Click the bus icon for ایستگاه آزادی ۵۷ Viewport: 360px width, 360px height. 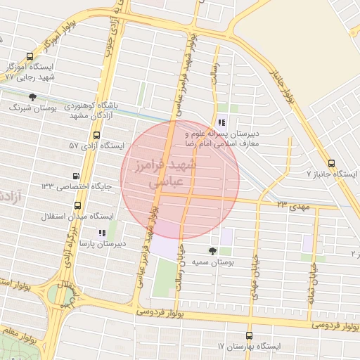point(96,135)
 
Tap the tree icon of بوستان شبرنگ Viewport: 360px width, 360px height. point(32,97)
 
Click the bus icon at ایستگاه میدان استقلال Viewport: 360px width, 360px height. point(77,206)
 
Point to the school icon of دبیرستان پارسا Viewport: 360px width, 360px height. point(102,233)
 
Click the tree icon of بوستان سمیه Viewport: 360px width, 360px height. point(212,251)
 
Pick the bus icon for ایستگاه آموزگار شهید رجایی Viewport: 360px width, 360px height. point(29,57)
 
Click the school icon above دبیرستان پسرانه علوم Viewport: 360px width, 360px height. point(221,122)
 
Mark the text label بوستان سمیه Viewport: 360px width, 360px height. point(212,262)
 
